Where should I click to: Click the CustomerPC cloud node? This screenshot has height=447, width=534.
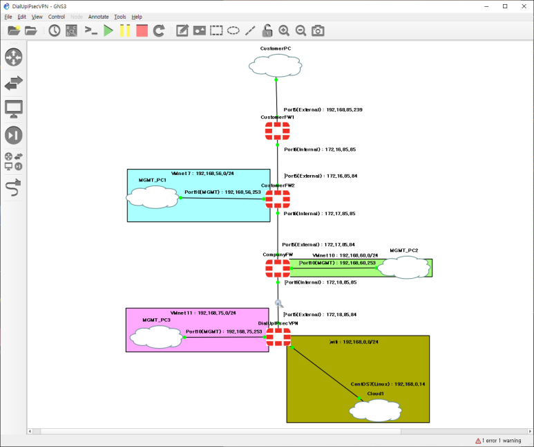point(276,66)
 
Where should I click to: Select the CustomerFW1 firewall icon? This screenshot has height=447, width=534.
point(277,131)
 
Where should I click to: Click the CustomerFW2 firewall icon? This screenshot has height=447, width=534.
point(278,199)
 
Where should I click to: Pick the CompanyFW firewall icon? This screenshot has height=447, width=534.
point(278,268)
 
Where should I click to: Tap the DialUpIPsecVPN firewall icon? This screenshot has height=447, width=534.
point(278,337)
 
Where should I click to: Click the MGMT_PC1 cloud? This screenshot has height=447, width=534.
point(152,197)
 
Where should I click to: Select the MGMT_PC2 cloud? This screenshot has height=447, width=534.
point(404,267)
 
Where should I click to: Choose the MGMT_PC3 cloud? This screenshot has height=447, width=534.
point(156,337)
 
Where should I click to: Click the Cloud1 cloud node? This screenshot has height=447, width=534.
point(375,410)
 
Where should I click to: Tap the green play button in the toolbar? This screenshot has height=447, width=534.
point(108,30)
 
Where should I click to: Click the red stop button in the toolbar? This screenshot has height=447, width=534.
point(142,30)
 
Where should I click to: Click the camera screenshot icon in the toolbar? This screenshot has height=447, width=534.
point(318,30)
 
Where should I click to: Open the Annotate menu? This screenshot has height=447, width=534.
point(98,17)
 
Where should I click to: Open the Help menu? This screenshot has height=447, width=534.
point(137,17)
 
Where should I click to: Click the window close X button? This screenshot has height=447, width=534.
point(523,6)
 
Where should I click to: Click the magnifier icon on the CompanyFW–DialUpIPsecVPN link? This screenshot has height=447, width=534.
point(279,303)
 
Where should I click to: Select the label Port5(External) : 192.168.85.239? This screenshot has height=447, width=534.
point(323,110)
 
